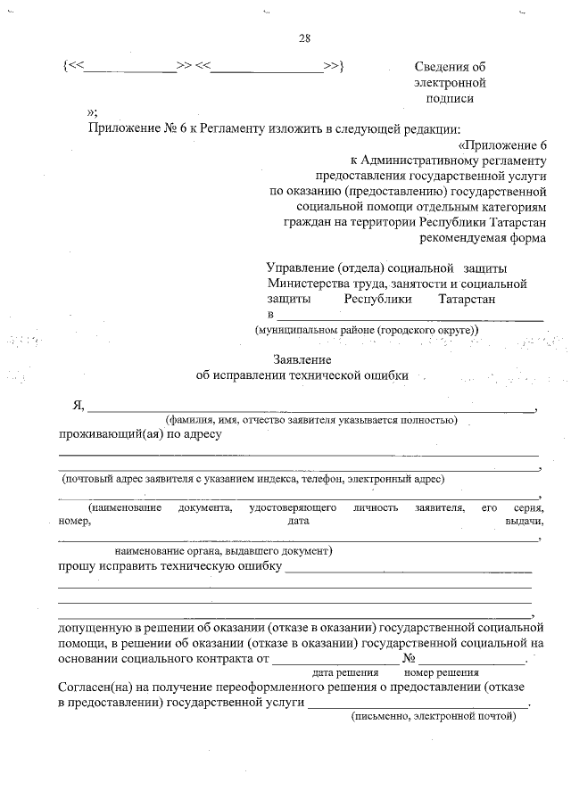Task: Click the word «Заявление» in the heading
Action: (x=302, y=359)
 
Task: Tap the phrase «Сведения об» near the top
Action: (x=451, y=67)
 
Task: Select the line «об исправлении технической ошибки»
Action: (x=302, y=375)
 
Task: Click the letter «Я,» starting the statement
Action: (x=78, y=406)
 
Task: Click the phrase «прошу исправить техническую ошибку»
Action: (x=170, y=566)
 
